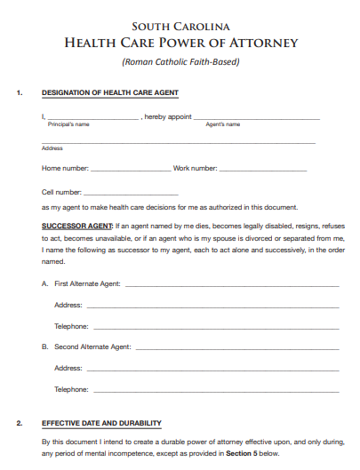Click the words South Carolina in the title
pyautogui.click(x=180, y=26)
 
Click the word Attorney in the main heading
pyautogui.click(x=262, y=43)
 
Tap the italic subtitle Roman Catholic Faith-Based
pyautogui.click(x=180, y=61)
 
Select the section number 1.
pyautogui.click(x=19, y=93)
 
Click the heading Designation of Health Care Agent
pyautogui.click(x=110, y=93)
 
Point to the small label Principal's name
pyautogui.click(x=68, y=124)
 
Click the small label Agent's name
pyautogui.click(x=223, y=124)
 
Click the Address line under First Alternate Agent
pyautogui.click(x=212, y=307)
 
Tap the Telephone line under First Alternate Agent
pyautogui.click(x=216, y=329)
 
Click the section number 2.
pyautogui.click(x=19, y=423)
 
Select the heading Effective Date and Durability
pyautogui.click(x=101, y=423)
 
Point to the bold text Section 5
pyautogui.click(x=243, y=453)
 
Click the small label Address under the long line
pyautogui.click(x=52, y=148)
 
